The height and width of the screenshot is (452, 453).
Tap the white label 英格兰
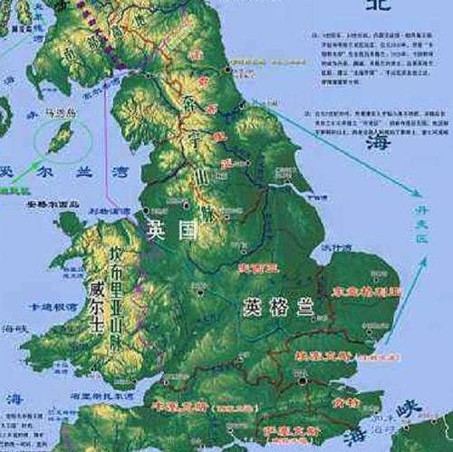point(276,306)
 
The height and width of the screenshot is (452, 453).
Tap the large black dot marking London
point(302,382)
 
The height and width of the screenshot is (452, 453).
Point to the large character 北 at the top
point(380,7)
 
